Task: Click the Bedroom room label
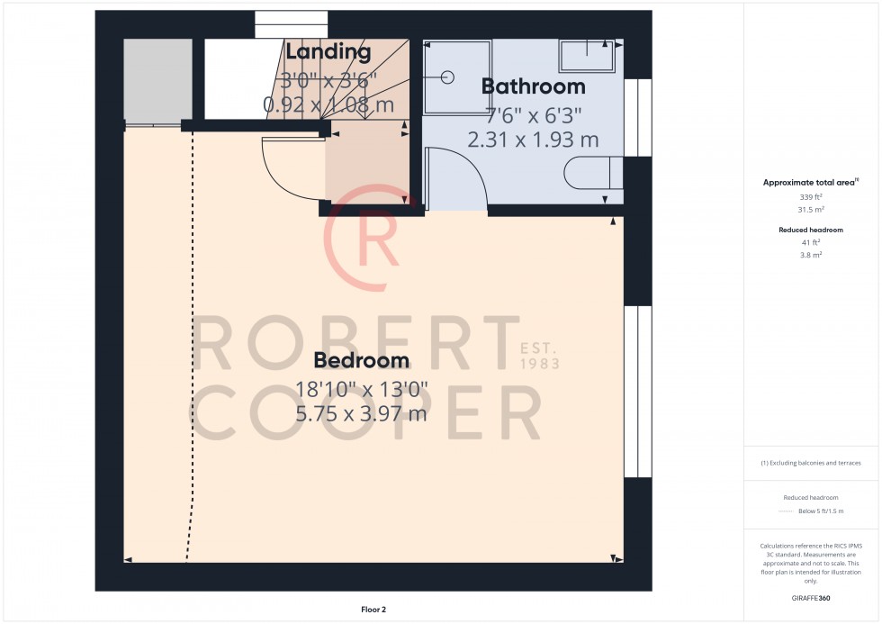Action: tap(361, 360)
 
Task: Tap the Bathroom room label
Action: tap(533, 86)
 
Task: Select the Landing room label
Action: tap(328, 53)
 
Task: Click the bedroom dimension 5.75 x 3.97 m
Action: tap(361, 414)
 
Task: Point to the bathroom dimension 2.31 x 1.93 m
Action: tap(533, 140)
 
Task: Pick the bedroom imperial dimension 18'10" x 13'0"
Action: tap(361, 389)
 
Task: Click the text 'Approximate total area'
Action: tap(808, 183)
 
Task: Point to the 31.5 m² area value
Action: tap(810, 209)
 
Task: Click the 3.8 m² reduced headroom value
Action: tap(810, 255)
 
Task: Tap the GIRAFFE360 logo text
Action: tap(810, 597)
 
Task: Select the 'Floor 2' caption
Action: tap(373, 610)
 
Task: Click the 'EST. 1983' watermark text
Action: tap(540, 355)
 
